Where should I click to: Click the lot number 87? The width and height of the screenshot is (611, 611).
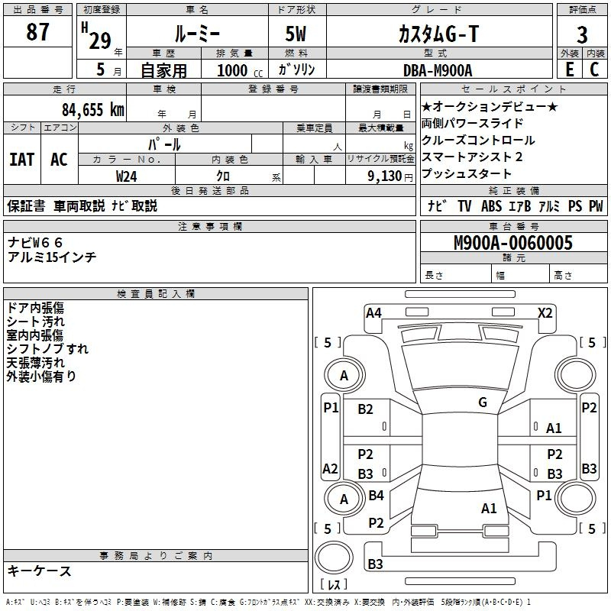pos(37,32)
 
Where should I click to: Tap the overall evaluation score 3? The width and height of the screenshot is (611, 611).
pos(582,34)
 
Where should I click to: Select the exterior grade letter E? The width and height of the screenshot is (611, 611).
pos(569,69)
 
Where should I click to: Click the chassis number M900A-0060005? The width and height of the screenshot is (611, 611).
pos(512,244)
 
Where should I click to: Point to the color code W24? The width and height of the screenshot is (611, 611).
pos(126,176)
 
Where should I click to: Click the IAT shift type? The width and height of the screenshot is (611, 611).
pos(22,160)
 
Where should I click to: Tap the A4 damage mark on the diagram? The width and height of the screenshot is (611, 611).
pos(373,312)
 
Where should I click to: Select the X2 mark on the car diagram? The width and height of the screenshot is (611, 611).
pos(545,312)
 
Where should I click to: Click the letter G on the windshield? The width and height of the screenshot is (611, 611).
pos(482,402)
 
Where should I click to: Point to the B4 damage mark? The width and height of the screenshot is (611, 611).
pos(376,496)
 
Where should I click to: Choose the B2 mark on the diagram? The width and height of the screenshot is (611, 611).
pos(366,409)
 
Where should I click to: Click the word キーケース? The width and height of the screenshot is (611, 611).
pos(40,571)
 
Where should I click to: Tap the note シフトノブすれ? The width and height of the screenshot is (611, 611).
pos(47,349)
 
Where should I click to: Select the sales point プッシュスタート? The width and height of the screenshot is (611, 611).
pos(466,174)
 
